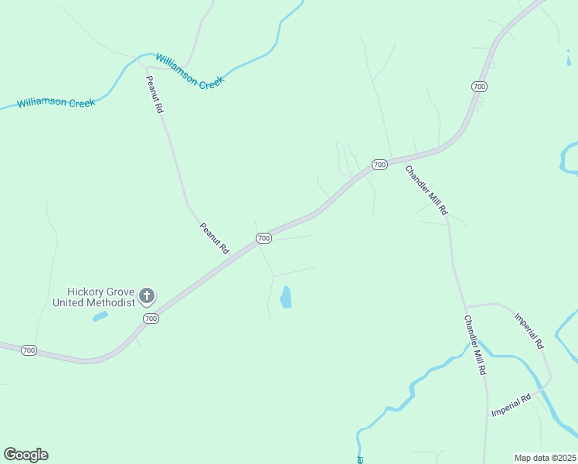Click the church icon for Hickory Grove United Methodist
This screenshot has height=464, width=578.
click(x=146, y=295)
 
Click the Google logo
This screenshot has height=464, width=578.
click(x=25, y=455)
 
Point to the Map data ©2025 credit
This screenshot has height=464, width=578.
click(x=545, y=458)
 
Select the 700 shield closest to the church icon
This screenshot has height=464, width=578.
click(x=151, y=319)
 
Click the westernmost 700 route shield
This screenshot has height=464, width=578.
click(x=29, y=350)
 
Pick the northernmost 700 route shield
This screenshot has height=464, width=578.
click(x=479, y=86)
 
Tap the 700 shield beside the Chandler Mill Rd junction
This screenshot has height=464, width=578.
click(x=379, y=165)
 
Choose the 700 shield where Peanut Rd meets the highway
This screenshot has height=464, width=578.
click(x=263, y=237)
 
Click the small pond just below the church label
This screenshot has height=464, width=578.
click(x=100, y=316)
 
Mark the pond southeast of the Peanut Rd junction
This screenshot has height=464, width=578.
click(x=286, y=297)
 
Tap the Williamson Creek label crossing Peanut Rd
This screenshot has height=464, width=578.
click(x=189, y=70)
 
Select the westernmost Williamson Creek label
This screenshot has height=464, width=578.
click(x=56, y=102)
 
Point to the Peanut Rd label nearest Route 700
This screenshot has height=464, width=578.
click(x=215, y=239)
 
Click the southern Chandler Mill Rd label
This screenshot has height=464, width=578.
click(x=474, y=345)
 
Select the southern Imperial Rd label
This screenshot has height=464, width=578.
click(x=511, y=405)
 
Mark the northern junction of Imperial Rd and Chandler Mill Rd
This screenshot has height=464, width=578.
click(x=466, y=305)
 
